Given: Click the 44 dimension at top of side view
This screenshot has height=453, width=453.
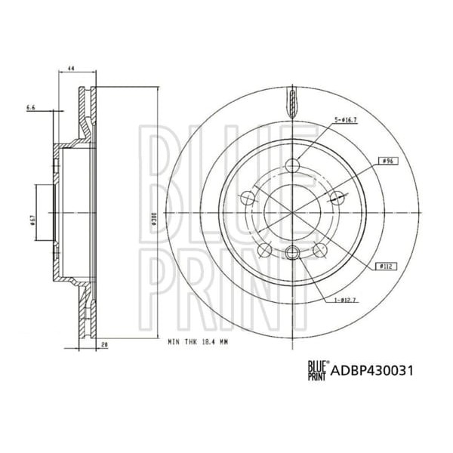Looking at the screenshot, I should point(70,69).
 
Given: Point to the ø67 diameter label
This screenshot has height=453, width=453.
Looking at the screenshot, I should point(45,219).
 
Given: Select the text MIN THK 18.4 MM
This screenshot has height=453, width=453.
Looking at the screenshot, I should point(199,341).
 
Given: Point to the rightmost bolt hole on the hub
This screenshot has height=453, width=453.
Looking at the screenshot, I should point(337,199).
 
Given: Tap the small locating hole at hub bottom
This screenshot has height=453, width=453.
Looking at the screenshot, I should point(293,253).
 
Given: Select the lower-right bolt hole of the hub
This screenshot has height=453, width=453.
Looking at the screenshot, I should point(321,251).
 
